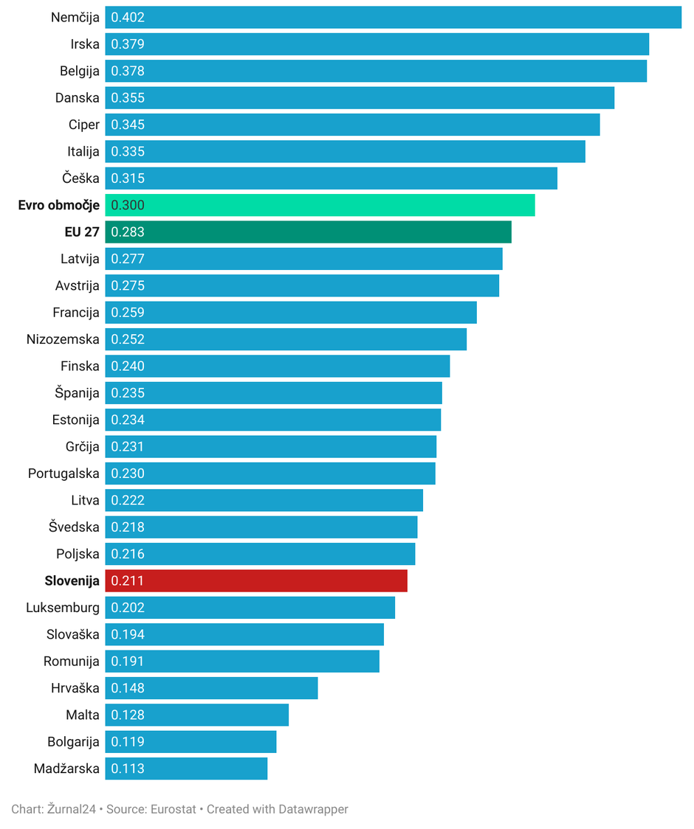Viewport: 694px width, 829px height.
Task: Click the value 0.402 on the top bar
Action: (128, 17)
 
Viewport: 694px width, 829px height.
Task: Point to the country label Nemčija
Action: (75, 17)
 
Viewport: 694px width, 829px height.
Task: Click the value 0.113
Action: (128, 769)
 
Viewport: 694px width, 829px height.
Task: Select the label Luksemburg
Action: (63, 608)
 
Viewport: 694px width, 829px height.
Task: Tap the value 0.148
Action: (128, 688)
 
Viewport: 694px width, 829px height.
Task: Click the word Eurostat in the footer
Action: (173, 809)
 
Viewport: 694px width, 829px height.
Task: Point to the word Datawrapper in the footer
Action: (313, 809)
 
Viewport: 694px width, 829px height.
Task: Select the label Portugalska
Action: (63, 474)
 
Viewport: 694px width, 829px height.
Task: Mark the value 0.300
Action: (128, 205)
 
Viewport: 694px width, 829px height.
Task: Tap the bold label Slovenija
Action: (72, 580)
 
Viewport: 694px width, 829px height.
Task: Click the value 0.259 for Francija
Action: (128, 313)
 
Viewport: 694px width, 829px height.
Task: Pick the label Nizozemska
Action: (63, 339)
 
